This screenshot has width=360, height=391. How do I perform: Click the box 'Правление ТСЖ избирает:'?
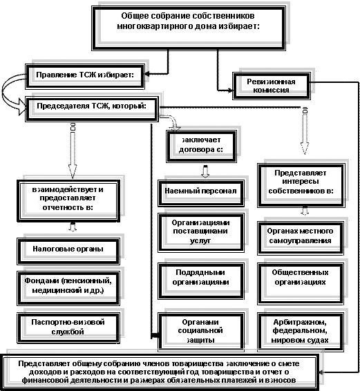point(85,76)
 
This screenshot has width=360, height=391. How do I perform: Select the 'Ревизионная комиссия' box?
point(272,86)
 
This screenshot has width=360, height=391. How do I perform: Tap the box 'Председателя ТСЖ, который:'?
point(92,109)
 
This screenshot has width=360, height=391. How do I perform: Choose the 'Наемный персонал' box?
point(201,193)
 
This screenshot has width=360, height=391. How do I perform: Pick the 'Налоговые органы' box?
point(68,251)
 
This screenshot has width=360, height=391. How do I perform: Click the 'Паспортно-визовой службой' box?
point(68,328)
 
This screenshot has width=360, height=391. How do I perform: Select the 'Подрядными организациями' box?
point(201,281)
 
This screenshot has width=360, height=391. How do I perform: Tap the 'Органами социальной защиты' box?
point(201,332)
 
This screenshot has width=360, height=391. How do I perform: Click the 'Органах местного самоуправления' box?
point(301,238)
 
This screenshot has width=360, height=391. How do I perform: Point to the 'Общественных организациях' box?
point(301,284)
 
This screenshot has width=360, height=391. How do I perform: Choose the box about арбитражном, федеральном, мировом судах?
point(301,332)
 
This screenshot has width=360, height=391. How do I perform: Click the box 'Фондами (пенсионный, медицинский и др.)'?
point(68,288)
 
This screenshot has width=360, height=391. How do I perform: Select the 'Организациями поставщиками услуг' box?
point(201,232)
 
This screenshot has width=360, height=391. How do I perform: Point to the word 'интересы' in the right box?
point(301,182)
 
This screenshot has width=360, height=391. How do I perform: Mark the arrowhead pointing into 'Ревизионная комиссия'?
point(230,90)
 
